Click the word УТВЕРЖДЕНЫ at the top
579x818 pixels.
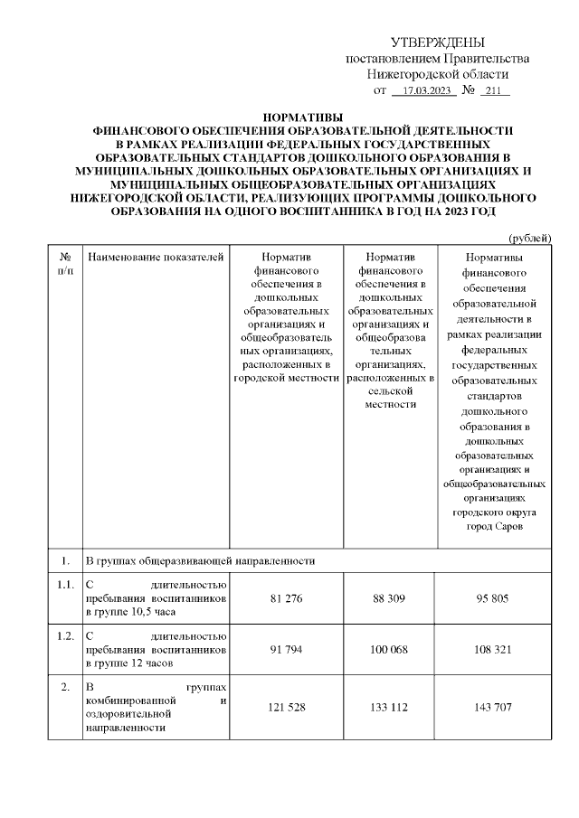pos(438,42)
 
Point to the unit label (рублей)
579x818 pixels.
pos(530,237)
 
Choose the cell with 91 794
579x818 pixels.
pos(286,648)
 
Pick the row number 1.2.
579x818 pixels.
pos(64,635)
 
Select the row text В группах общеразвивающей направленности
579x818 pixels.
pos(200,560)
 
